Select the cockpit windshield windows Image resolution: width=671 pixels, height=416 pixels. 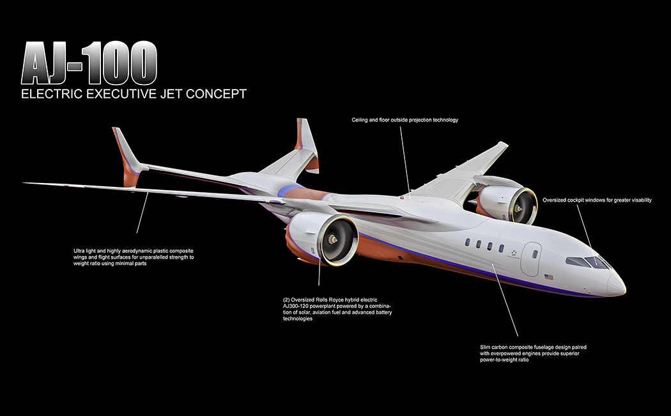[587, 262]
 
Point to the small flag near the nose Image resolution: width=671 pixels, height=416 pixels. [548, 277]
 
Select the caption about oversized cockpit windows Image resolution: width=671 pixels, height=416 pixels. [597, 200]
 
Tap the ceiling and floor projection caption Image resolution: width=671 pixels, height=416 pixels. [405, 120]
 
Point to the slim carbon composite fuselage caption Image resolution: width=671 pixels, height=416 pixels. [533, 353]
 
